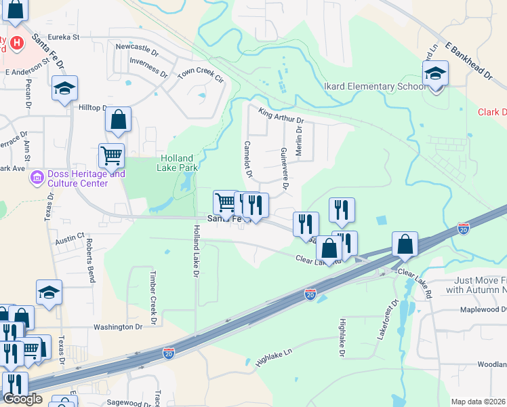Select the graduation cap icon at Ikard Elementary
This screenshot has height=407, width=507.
click(x=435, y=73)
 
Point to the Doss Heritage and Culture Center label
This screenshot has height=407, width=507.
click(x=77, y=178)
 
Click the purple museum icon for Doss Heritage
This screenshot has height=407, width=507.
click(x=37, y=178)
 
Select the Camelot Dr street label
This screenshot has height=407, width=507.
click(x=248, y=160)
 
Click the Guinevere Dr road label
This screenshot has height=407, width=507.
click(x=285, y=168)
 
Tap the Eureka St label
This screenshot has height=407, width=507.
click(x=64, y=37)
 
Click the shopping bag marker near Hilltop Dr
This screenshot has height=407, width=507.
click(x=118, y=119)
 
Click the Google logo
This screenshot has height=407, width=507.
click(x=22, y=399)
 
